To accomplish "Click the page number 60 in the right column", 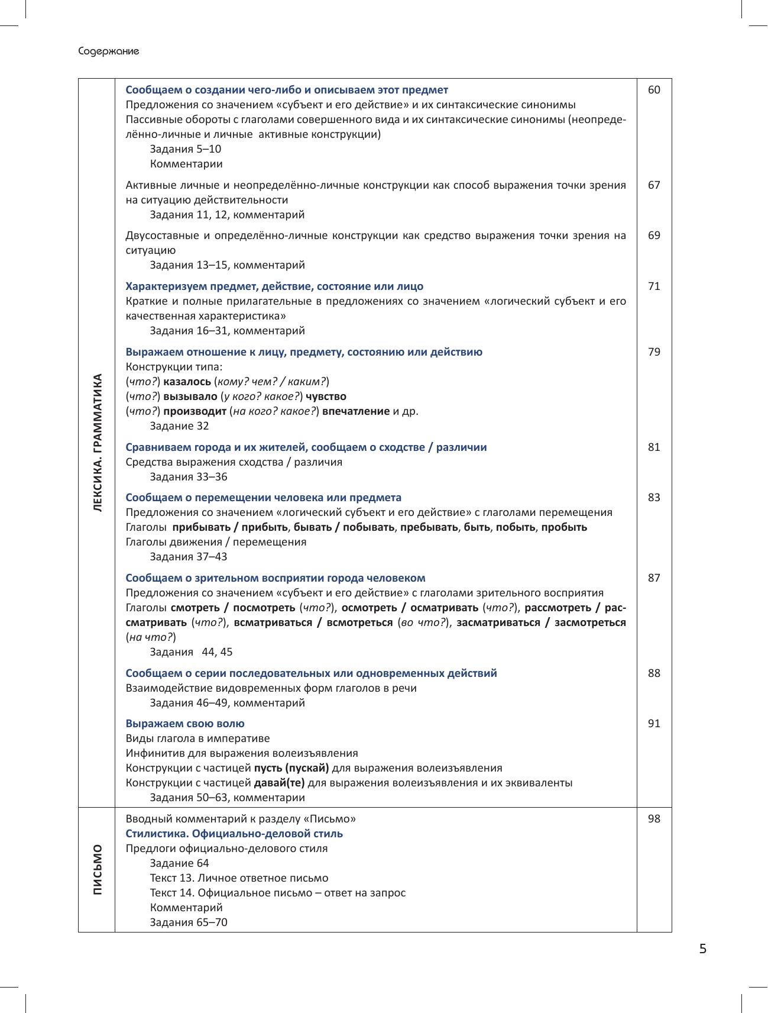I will tap(654, 90).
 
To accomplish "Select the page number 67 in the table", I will tap(654, 185).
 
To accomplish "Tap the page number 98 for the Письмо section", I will tap(654, 819).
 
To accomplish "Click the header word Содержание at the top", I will tap(109, 51).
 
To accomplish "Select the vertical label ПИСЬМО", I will tap(98, 869).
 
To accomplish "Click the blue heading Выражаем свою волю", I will tap(185, 724).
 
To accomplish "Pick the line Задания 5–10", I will tap(186, 149).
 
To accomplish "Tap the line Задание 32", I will tap(179, 426).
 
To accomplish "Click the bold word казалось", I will tap(187, 382).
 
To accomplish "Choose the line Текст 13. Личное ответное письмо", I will tap(239, 878).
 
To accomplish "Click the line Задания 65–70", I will tap(189, 922).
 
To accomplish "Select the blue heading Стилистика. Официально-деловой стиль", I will tap(234, 834).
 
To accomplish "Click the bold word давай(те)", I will tap(279, 783).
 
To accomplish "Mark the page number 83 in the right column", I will tap(654, 498).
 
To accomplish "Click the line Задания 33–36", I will tap(189, 477).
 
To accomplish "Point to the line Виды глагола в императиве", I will tap(197, 738).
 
